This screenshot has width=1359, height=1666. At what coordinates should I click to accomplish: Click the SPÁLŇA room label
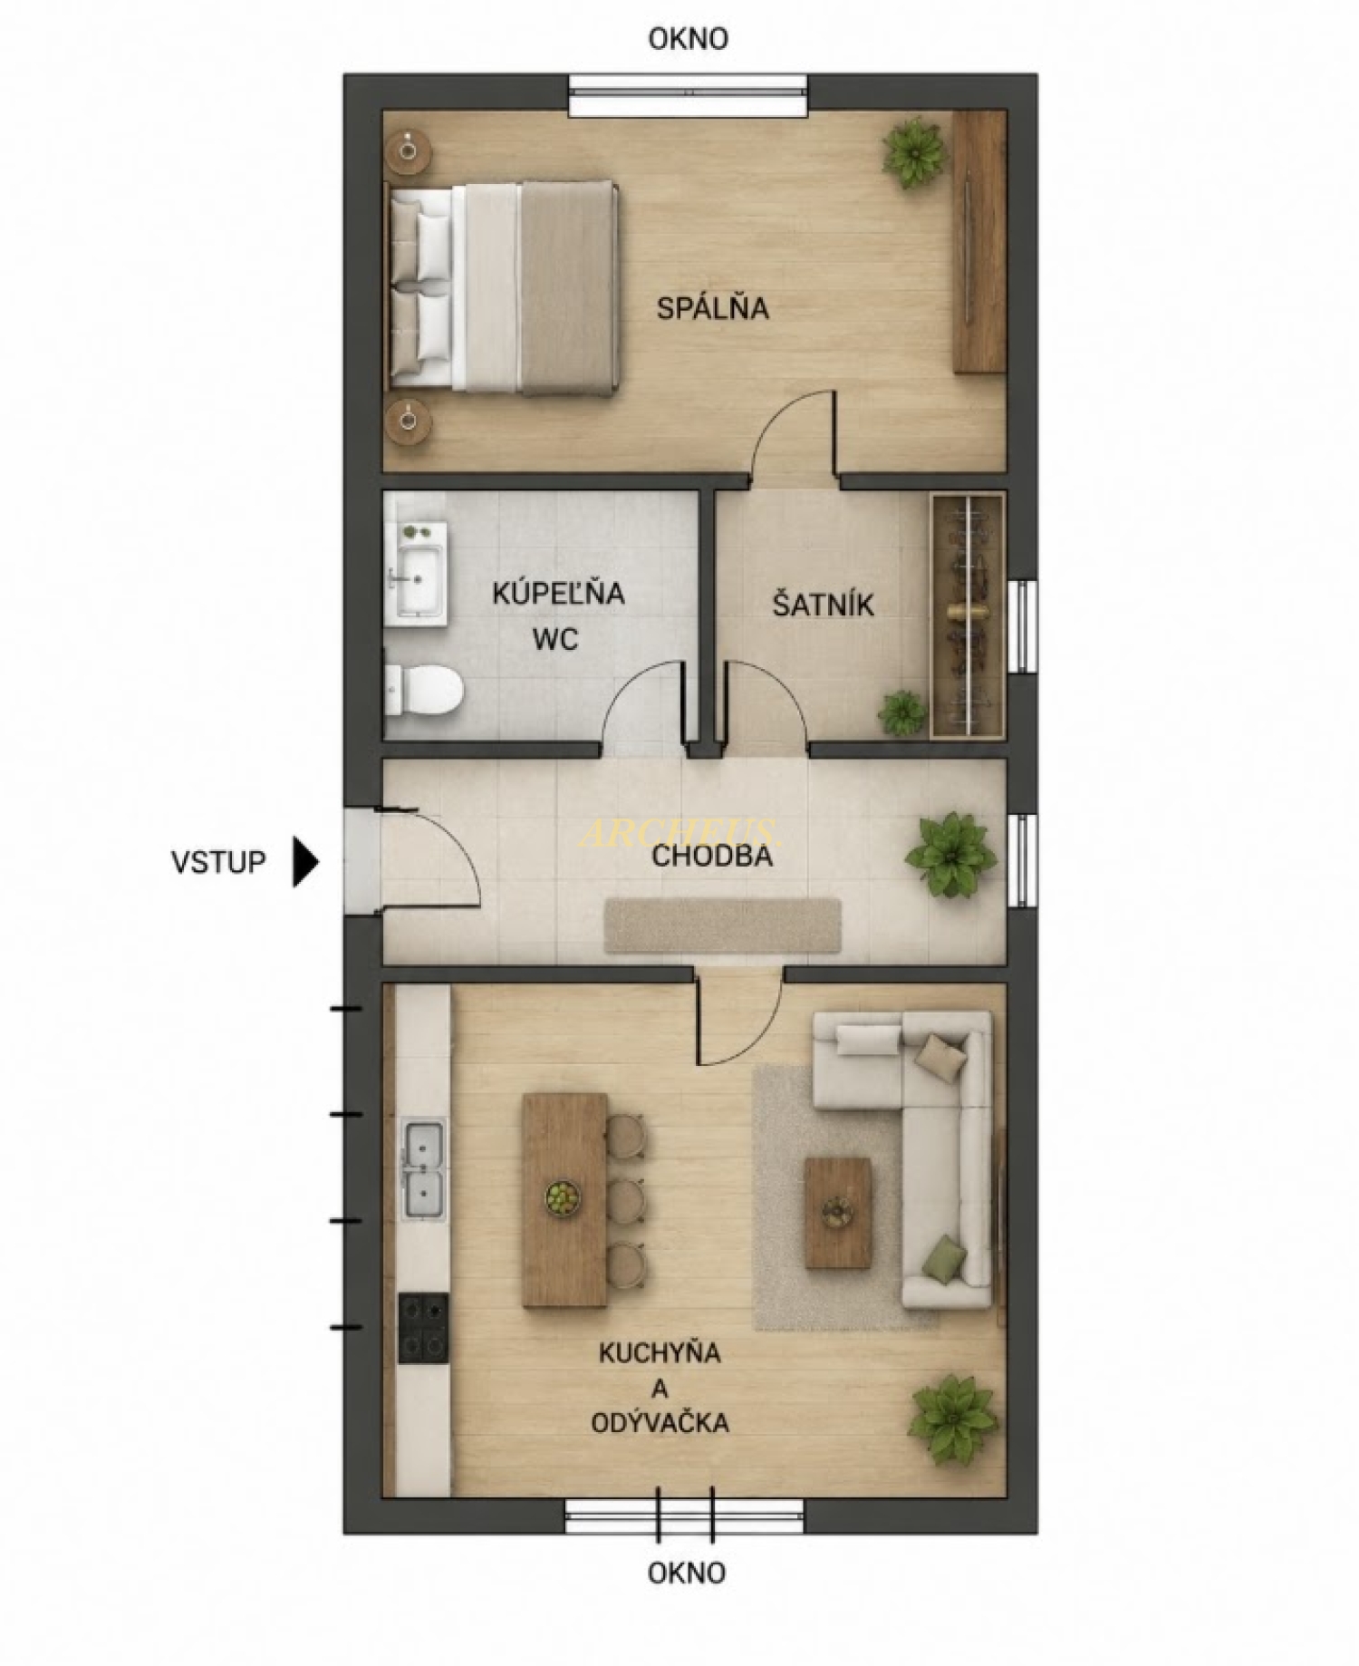(x=712, y=308)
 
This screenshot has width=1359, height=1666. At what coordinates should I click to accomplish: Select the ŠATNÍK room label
(x=823, y=605)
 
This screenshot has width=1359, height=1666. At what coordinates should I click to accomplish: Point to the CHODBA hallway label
(x=712, y=856)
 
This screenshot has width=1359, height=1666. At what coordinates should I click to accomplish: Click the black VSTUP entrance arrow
(x=306, y=862)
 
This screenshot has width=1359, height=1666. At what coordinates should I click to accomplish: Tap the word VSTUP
(x=218, y=862)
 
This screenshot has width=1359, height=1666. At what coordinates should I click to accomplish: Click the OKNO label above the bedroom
(x=689, y=38)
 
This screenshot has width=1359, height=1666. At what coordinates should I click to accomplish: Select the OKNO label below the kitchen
(x=687, y=1572)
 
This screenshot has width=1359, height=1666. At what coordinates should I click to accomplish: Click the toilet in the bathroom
(x=424, y=691)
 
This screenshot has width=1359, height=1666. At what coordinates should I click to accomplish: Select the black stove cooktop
(x=423, y=1328)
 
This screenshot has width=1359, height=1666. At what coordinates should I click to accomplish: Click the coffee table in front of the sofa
(x=838, y=1212)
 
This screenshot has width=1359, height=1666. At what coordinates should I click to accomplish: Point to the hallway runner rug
(x=722, y=925)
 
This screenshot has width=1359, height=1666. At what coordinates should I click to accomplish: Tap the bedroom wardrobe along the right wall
(x=978, y=240)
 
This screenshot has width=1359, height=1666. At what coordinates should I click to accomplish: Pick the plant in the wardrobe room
(x=903, y=712)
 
